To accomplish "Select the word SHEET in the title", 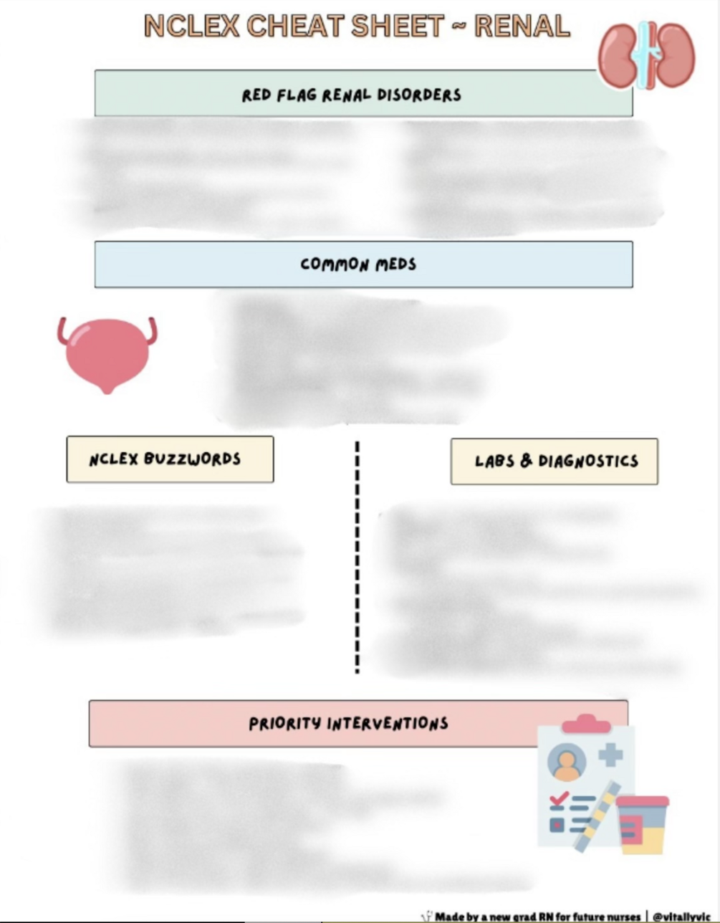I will (398, 27).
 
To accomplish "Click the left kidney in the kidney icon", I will (619, 55).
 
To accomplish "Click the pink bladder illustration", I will (107, 353).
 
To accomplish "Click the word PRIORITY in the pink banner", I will (284, 724).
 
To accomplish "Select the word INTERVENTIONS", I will (388, 724).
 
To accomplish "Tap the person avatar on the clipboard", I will (567, 764).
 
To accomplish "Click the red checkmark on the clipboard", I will (558, 798).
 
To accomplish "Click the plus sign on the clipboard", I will (610, 755).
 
